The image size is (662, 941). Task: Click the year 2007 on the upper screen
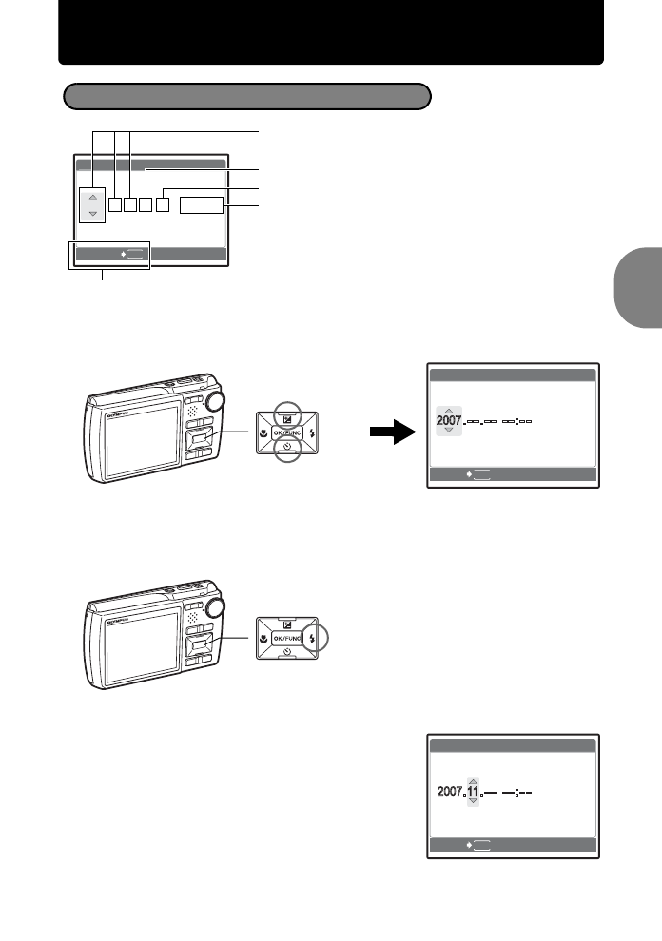(449, 419)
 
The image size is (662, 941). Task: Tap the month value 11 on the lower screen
(473, 790)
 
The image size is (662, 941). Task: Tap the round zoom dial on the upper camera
(215, 401)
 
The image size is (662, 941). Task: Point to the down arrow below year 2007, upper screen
(449, 431)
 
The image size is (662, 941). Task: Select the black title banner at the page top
(331, 32)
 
